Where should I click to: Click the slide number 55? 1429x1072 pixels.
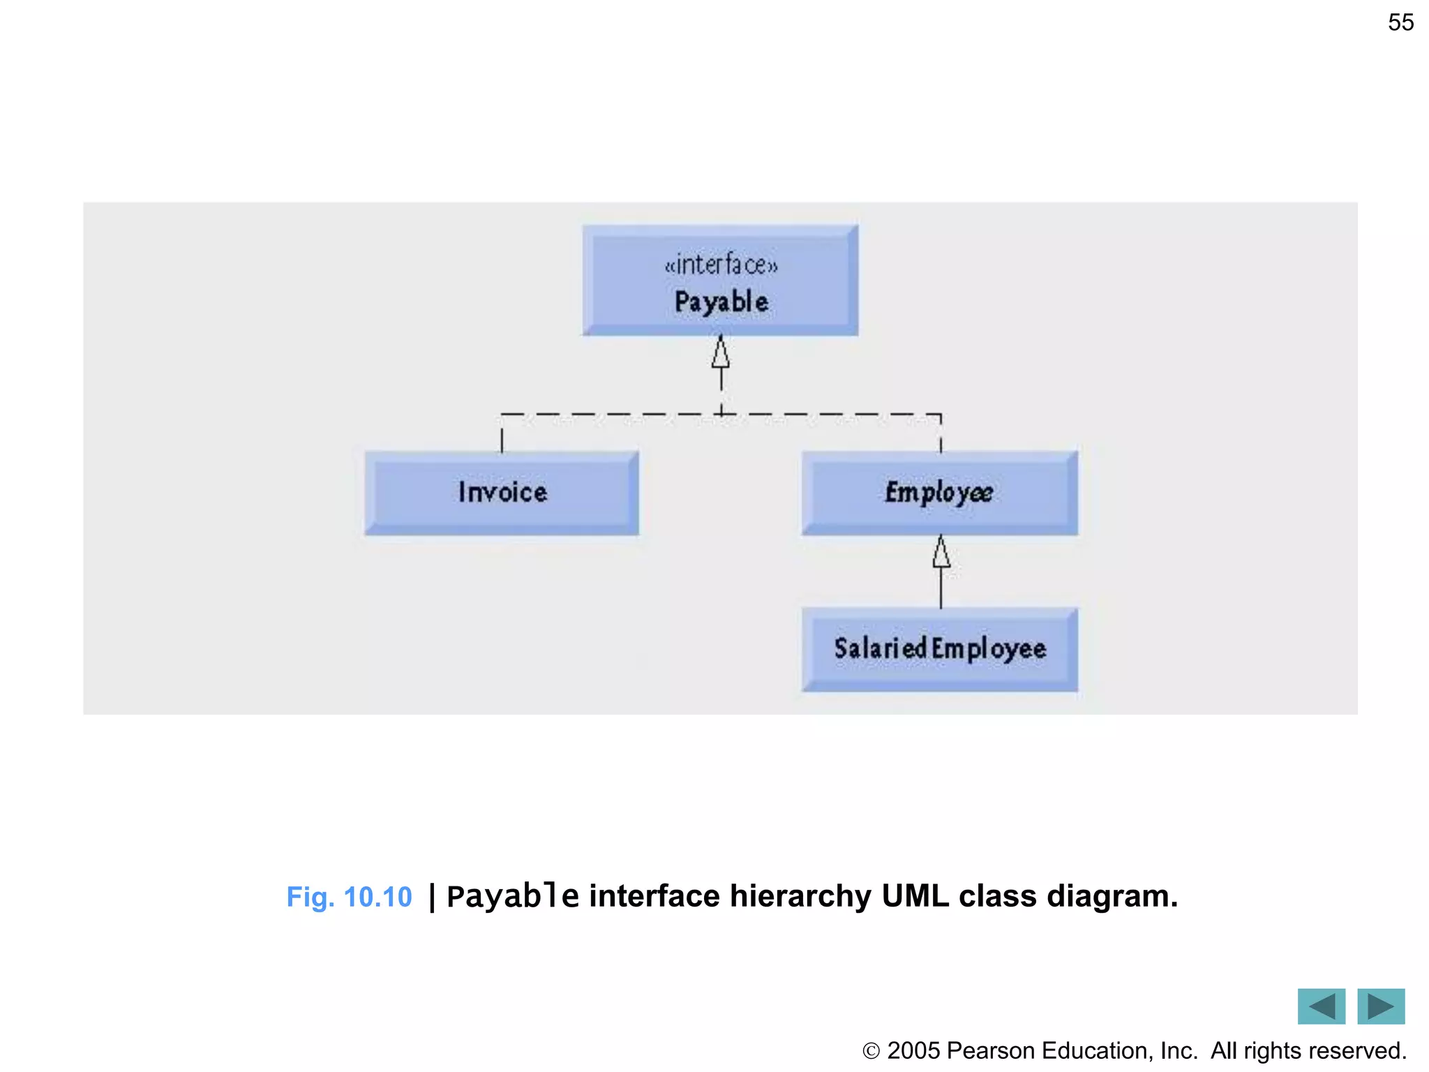(1400, 22)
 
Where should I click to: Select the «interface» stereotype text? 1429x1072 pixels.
(721, 265)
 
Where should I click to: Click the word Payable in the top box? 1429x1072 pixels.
(721, 302)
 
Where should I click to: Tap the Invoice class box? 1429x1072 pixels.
(502, 493)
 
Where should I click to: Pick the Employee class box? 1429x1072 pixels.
(939, 493)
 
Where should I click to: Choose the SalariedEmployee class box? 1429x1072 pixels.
(939, 649)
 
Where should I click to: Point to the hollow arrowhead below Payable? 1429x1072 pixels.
(721, 352)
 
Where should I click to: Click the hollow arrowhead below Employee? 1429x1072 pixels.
(941, 553)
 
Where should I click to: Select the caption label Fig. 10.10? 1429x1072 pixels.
(349, 897)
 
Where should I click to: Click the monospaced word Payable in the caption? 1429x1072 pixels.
(512, 897)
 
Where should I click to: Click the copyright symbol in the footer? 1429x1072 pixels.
(871, 1051)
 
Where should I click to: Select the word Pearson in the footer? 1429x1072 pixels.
(990, 1051)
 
